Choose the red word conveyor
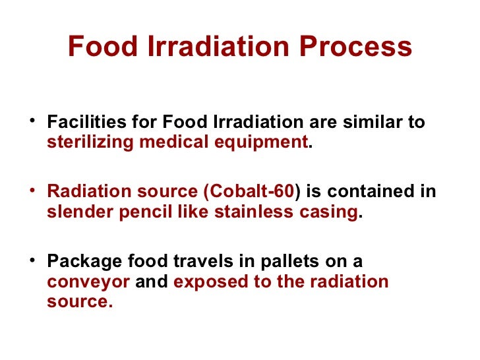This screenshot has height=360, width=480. [x=88, y=282]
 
